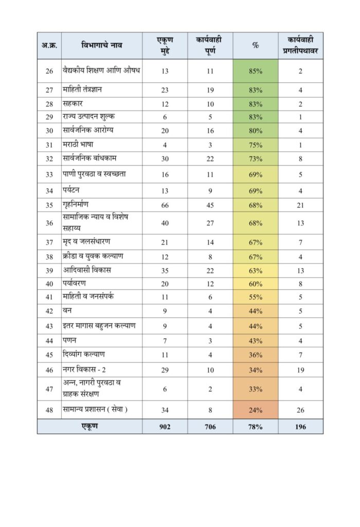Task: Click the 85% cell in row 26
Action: click(255, 71)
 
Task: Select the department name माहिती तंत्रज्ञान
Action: click(82, 90)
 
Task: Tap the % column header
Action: click(255, 45)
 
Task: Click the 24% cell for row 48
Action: click(255, 410)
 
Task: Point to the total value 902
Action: click(165, 427)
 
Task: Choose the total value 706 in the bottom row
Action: click(210, 427)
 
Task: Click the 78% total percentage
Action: click(255, 427)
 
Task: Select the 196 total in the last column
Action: click(300, 427)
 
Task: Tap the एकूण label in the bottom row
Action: click(89, 426)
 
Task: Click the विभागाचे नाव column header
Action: click(102, 45)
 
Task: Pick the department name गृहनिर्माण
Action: click(76, 205)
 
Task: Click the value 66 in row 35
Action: click(165, 205)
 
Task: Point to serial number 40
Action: click(49, 284)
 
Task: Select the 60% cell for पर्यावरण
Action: click(255, 284)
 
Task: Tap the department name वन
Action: click(67, 310)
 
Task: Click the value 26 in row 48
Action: click(300, 410)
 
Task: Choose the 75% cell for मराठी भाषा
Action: click(255, 145)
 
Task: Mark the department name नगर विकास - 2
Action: click(84, 370)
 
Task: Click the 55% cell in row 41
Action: click(255, 297)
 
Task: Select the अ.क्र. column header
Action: click(49, 45)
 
